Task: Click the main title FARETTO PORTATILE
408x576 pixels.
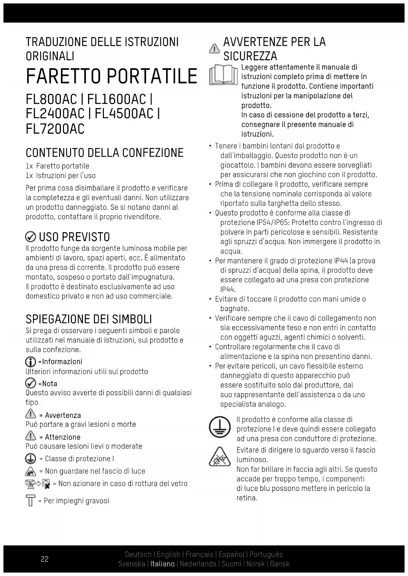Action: click(111, 76)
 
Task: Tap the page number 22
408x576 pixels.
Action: click(45, 559)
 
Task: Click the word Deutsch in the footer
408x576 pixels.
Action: click(138, 554)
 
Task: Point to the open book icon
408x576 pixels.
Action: click(224, 75)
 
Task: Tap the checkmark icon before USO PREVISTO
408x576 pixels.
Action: click(31, 237)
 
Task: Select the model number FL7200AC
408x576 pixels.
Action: click(55, 129)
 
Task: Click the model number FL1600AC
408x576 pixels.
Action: click(117, 100)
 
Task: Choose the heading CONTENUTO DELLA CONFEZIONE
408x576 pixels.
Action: click(105, 153)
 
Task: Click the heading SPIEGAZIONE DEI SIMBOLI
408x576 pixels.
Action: click(89, 319)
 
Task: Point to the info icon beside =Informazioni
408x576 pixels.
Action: click(31, 362)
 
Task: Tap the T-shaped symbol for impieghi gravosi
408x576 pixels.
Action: click(31, 500)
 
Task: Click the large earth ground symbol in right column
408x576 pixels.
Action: click(219, 428)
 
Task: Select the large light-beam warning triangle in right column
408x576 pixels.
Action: click(219, 457)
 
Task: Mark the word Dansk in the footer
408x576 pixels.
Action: click(280, 564)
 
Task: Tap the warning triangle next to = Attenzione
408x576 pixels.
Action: click(31, 436)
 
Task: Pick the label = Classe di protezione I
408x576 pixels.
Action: click(76, 459)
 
